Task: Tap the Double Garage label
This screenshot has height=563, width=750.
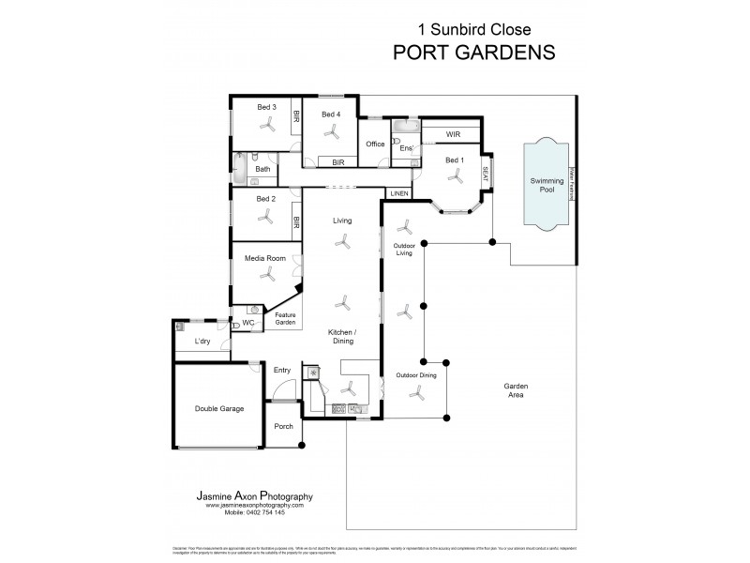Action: [x=218, y=408]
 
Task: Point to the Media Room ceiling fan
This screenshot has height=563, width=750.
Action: [x=267, y=275]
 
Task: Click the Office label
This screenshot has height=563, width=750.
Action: [x=376, y=145]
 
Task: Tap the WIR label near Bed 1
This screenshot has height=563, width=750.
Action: [x=453, y=134]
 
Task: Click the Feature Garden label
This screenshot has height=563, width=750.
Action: [x=285, y=318]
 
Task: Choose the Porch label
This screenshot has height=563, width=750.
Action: [x=283, y=426]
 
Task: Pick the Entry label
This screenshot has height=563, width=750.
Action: [x=282, y=370]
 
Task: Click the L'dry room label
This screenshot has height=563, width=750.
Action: [x=202, y=342]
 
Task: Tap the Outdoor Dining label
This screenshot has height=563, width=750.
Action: [x=415, y=375]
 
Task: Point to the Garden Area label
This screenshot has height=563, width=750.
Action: [x=513, y=390]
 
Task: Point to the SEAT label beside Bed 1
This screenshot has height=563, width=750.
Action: [x=486, y=173]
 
